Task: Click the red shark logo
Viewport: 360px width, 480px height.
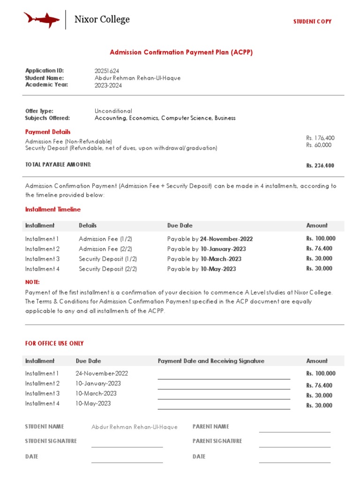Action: point(42,20)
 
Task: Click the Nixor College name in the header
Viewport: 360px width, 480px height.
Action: point(102,20)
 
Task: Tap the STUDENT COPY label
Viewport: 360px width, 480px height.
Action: point(312,22)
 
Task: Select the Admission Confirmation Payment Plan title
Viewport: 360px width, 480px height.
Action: point(181,52)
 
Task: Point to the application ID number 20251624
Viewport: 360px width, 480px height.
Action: point(107,71)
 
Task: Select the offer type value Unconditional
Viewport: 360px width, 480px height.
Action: point(113,111)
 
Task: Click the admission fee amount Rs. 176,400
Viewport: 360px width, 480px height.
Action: point(320,138)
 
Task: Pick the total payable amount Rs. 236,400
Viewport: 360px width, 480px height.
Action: point(320,165)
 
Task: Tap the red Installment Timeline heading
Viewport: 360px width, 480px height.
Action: point(52,210)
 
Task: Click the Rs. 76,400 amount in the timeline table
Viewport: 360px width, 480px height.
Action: point(319,249)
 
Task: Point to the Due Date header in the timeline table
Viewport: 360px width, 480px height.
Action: point(180,225)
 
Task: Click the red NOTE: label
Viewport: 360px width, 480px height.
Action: point(32,282)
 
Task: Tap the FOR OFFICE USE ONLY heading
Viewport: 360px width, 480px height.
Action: point(54,344)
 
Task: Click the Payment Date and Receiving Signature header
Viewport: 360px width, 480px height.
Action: point(211,361)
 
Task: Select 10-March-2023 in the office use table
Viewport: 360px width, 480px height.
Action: point(96,393)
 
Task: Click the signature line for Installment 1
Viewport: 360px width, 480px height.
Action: point(224,377)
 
